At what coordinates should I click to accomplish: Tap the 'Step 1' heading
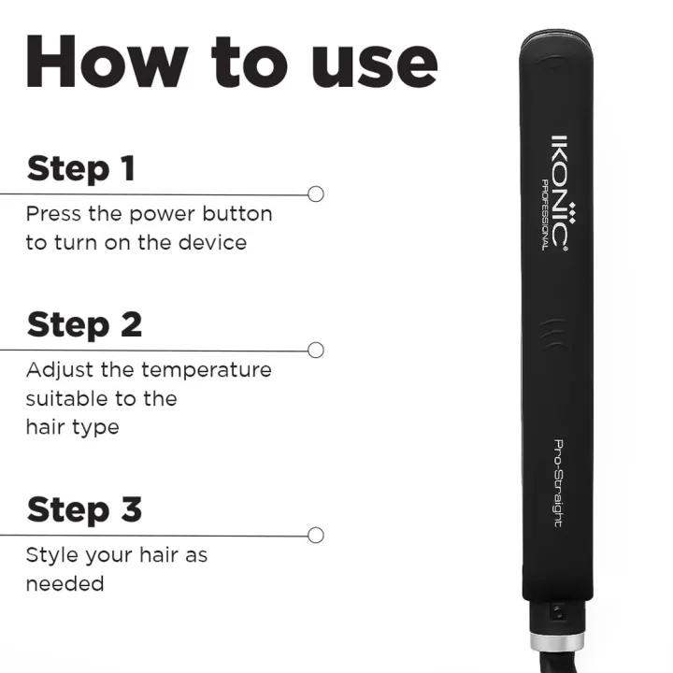81,169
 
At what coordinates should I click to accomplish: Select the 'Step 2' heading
84,324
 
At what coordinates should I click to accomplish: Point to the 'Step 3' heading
84,510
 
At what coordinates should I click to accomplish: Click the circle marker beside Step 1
316,194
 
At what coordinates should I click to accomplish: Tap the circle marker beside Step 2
316,351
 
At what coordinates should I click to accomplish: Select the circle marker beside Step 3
316,536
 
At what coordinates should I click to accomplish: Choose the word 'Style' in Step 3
50,555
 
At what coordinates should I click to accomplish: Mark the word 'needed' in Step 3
64,584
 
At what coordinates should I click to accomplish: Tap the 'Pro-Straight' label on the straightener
558,483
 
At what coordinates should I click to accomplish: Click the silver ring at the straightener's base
557,642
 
